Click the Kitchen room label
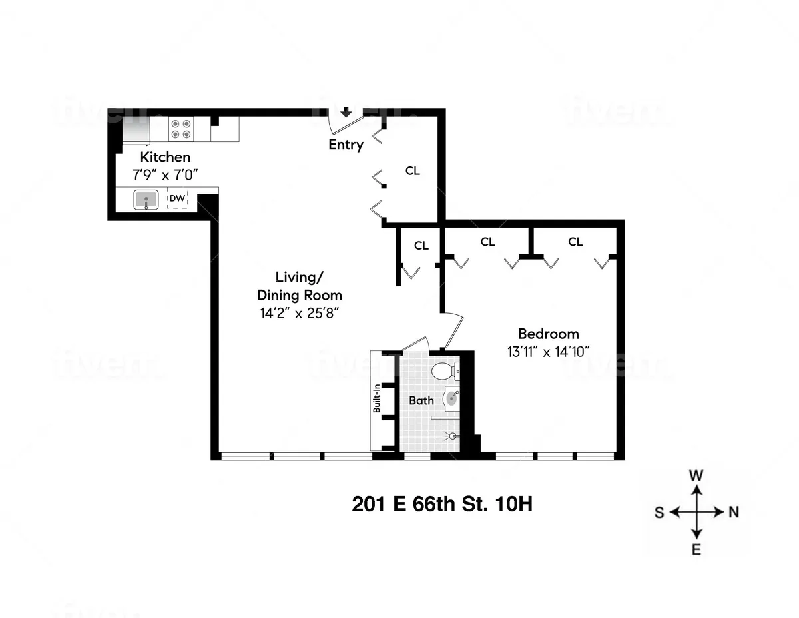pyautogui.click(x=164, y=158)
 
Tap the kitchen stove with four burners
pyautogui.click(x=180, y=129)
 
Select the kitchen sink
pyautogui.click(x=146, y=200)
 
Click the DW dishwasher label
pyautogui.click(x=176, y=198)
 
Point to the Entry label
pyautogui.click(x=346, y=145)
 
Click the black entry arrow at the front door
pyautogui.click(x=346, y=112)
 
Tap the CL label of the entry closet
pyautogui.click(x=413, y=171)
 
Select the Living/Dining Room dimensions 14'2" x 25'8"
pyautogui.click(x=300, y=312)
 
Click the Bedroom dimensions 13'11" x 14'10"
pyautogui.click(x=549, y=351)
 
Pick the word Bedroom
pyautogui.click(x=549, y=334)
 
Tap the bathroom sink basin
pyautogui.click(x=451, y=399)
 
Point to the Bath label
pyautogui.click(x=421, y=400)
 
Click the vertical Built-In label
pyautogui.click(x=377, y=400)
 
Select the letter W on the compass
pyautogui.click(x=696, y=475)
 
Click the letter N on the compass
pyautogui.click(x=734, y=512)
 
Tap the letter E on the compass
pyautogui.click(x=696, y=549)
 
